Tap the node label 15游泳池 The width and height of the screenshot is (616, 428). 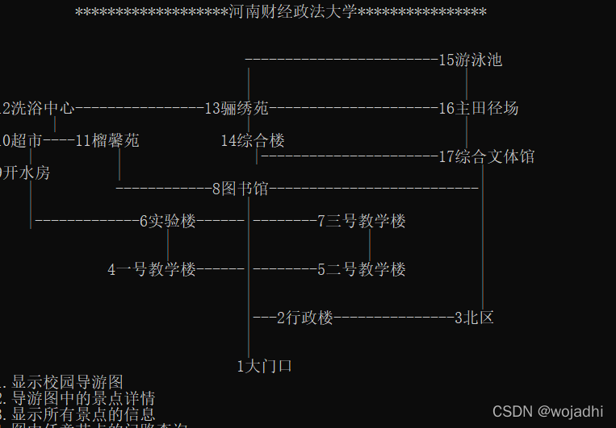pyautogui.click(x=470, y=60)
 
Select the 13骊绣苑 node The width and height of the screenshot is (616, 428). pyautogui.click(x=236, y=108)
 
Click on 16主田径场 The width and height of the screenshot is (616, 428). pyautogui.click(x=478, y=108)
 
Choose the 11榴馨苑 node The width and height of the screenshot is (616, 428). pyautogui.click(x=107, y=140)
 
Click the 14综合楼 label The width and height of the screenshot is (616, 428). pyautogui.click(x=253, y=140)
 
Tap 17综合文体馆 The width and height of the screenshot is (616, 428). pyautogui.click(x=486, y=156)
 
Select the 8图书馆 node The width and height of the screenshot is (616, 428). pyautogui.click(x=240, y=189)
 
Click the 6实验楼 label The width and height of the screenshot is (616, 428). pyautogui.click(x=167, y=221)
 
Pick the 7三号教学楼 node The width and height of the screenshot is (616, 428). pyautogui.click(x=361, y=221)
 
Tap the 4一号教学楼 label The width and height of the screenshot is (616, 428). pyautogui.click(x=152, y=269)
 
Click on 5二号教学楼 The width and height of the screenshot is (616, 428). pyautogui.click(x=361, y=269)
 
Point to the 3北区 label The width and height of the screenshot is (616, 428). pyautogui.click(x=474, y=318)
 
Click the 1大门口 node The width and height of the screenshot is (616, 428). pyautogui.click(x=264, y=366)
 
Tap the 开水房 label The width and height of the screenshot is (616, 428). pyautogui.click(x=26, y=172)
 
